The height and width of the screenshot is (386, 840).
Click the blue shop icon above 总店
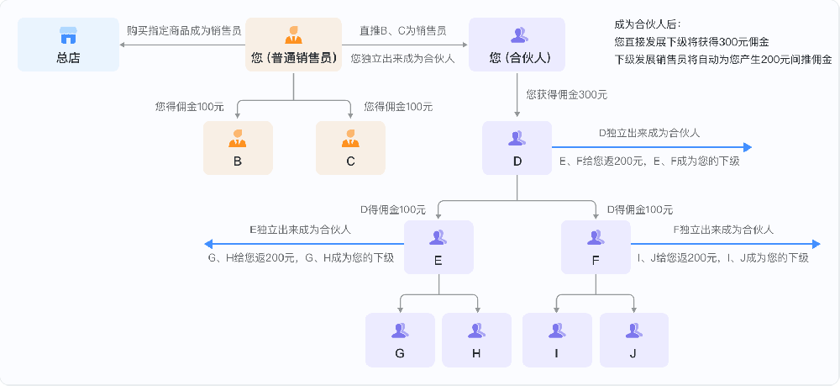(68, 34)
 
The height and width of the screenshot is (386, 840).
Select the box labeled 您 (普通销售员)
(293, 45)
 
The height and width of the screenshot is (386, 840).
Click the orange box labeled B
(238, 147)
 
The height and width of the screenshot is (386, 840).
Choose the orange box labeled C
(350, 147)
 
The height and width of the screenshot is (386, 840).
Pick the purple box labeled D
(517, 147)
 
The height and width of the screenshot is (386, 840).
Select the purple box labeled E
(438, 246)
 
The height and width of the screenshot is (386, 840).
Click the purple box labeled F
(595, 246)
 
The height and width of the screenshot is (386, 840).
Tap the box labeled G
(400, 339)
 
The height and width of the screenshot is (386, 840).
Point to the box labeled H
(476, 339)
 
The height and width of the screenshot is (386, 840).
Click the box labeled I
(556, 339)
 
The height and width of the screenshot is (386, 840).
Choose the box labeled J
(633, 339)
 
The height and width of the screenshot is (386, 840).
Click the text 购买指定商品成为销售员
(184, 30)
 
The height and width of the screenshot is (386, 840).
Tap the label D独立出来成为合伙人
(649, 133)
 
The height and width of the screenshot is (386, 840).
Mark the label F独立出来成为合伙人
(723, 230)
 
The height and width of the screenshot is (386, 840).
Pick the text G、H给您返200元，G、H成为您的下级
(301, 258)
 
